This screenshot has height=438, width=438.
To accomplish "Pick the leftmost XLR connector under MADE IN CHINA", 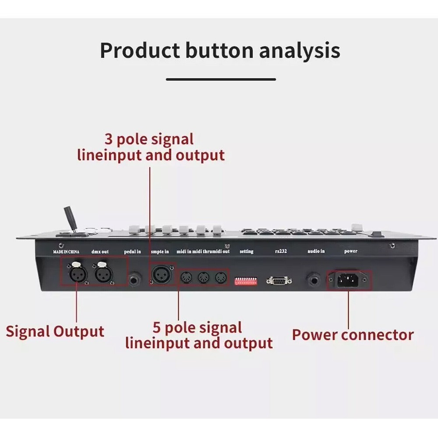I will click(75, 274).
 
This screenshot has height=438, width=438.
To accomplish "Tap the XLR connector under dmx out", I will click(103, 274).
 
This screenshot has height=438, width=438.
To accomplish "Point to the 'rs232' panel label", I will click(279, 251).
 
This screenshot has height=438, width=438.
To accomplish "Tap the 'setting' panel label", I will click(247, 251).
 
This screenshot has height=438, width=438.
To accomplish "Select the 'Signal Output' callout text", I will click(55, 331).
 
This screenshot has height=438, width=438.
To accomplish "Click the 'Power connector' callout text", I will click(353, 335).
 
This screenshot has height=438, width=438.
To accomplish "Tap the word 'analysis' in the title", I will click(299, 50).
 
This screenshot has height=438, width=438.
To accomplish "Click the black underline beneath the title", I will click(221, 79).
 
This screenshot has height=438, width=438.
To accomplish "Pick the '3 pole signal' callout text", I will click(149, 139).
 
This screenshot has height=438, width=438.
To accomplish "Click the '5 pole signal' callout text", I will click(197, 328).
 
